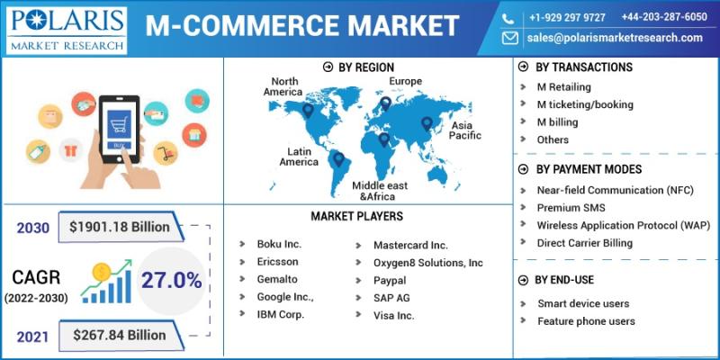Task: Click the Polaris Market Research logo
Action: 67,31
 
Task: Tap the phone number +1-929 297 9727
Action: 567,17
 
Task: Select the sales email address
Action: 615,38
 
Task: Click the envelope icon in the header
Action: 509,38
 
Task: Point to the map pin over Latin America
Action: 338,159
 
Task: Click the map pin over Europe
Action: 386,103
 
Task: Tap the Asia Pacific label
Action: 465,130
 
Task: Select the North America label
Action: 283,86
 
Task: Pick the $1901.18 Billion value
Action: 120,227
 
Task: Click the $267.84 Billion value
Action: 120,335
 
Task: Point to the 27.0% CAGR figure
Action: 171,281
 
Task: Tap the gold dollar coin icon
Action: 101,273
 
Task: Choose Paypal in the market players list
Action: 390,280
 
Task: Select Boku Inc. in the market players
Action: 279,244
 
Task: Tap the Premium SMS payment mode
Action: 571,208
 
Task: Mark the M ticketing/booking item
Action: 585,104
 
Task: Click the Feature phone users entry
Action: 587,321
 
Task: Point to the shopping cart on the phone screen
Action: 119,124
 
